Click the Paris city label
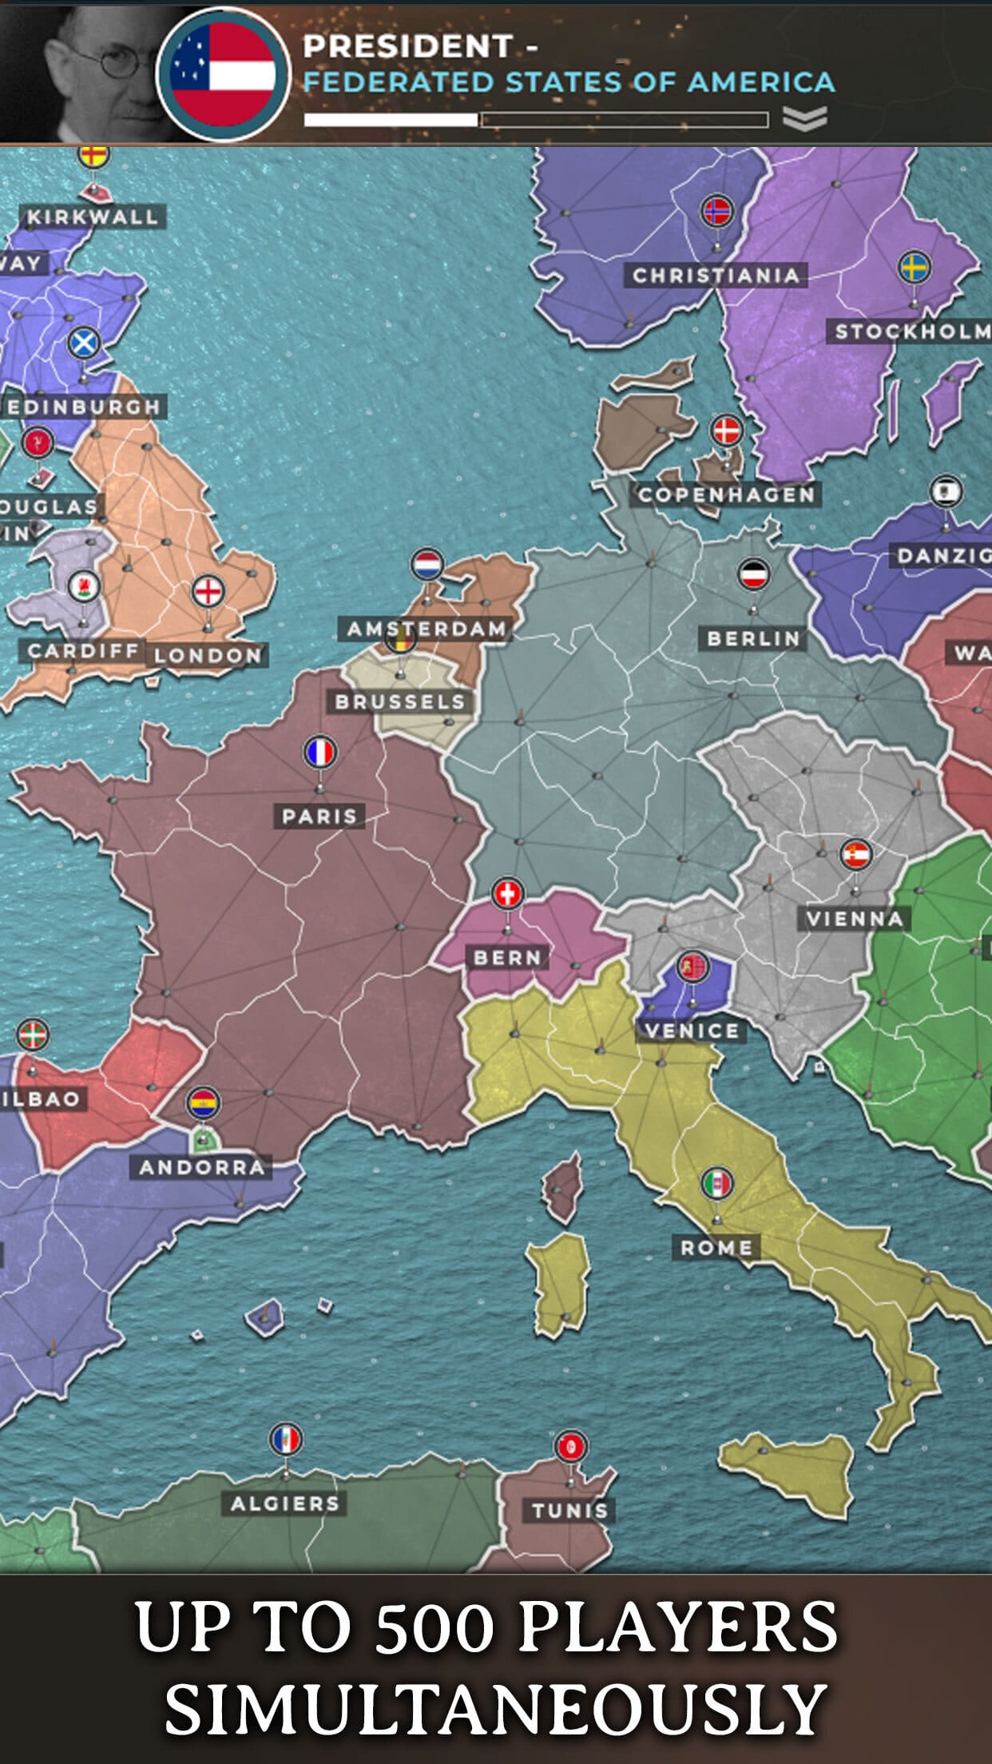[319, 816]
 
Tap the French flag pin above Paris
[320, 752]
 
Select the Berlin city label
[753, 638]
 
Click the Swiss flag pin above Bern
[508, 893]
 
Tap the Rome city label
[716, 1247]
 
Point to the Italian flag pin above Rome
[717, 1183]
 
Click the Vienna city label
[855, 919]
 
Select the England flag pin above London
[208, 591]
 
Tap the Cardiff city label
[83, 650]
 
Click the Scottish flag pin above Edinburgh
[83, 344]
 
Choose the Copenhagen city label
[726, 495]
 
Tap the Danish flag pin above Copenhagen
[727, 430]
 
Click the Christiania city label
[716, 275]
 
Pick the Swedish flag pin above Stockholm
[915, 267]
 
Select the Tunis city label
[570, 1510]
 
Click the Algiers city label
[285, 1503]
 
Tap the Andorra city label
[202, 1167]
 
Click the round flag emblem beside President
[223, 73]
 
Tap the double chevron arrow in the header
[804, 119]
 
